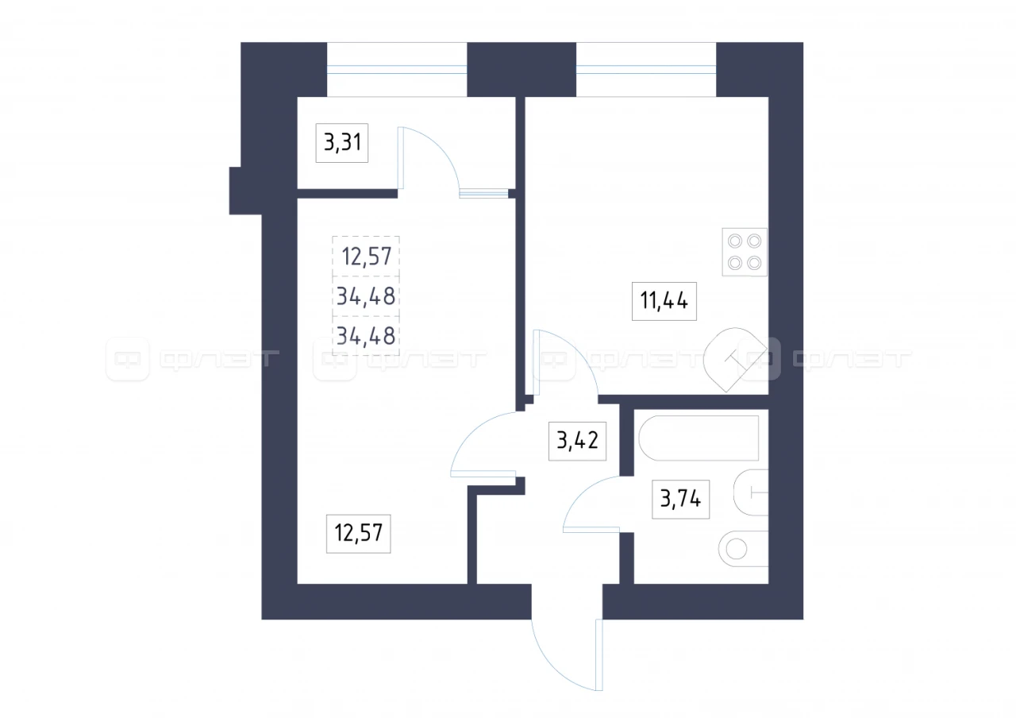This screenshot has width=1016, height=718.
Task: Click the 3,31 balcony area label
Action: point(342,143)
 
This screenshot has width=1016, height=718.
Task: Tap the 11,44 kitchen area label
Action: point(664,301)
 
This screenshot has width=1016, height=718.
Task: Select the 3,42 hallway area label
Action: point(577,441)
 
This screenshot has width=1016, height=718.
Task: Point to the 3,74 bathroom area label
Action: point(680,500)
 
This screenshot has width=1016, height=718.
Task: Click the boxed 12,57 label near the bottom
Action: point(358,534)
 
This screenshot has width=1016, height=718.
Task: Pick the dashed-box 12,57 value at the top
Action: point(367,257)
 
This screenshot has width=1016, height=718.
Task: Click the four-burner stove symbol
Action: point(745,252)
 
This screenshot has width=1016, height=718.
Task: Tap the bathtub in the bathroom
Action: point(699,438)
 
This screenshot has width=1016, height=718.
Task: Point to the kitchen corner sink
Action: point(735,360)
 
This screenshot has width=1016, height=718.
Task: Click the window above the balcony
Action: point(397,69)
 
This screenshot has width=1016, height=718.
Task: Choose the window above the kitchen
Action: point(646,69)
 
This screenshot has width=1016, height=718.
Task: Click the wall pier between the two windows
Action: point(521,69)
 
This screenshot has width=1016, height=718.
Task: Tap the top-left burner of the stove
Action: point(735,241)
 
